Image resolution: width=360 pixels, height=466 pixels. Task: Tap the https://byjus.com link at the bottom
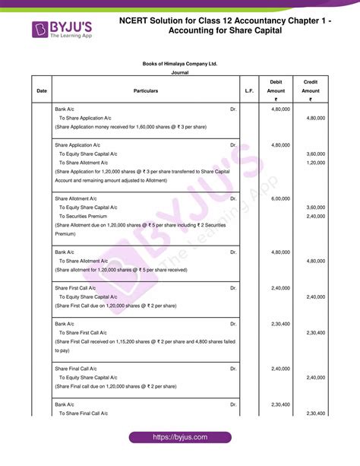tap(179, 439)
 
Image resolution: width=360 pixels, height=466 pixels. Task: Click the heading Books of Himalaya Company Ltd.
tap(180, 64)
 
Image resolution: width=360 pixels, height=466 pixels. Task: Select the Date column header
tap(41, 91)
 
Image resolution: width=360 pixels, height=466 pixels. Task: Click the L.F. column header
tap(249, 91)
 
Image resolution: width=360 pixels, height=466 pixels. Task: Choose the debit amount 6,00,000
tap(280, 198)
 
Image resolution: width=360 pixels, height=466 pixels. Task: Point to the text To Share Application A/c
tap(85, 118)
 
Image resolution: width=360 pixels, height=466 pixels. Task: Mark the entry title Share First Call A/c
tap(75, 288)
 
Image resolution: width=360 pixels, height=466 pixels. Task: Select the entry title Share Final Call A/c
tap(76, 369)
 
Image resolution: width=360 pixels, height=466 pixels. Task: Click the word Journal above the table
tap(180, 73)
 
